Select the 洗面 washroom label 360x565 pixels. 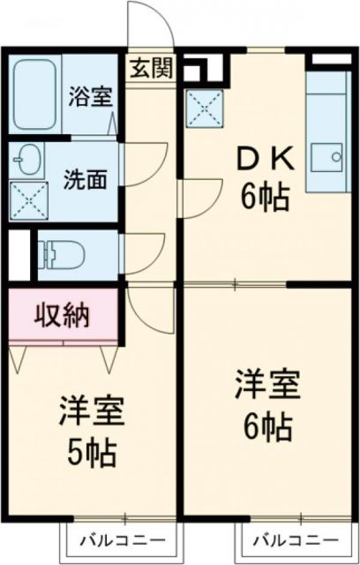(86, 179)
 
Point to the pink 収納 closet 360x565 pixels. (64, 314)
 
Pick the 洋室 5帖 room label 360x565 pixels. (90, 433)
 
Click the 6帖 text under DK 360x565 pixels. (266, 199)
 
